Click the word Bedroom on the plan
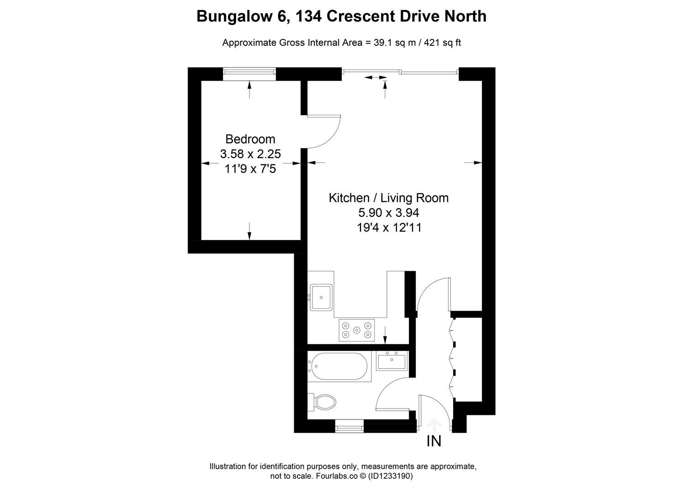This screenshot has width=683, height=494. pos(250,139)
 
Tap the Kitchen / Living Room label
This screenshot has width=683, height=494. pos(388,198)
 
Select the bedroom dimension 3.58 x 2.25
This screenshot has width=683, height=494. pos(250,154)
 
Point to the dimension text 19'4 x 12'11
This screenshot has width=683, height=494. pos(389,227)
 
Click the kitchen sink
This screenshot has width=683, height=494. pos(321,297)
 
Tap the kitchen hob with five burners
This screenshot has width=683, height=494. pos(357,330)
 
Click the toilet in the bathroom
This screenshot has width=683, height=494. pos(322,402)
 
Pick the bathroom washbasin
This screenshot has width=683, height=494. pos(392,360)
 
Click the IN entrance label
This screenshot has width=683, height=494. pos(434,441)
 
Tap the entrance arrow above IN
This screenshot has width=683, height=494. pos(434,425)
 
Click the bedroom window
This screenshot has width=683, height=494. pos(249,74)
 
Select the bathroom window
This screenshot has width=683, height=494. pos(349,426)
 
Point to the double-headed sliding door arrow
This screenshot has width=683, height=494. pos(376,78)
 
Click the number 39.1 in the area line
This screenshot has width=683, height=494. pos(383,43)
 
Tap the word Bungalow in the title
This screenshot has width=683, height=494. pos(235,17)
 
